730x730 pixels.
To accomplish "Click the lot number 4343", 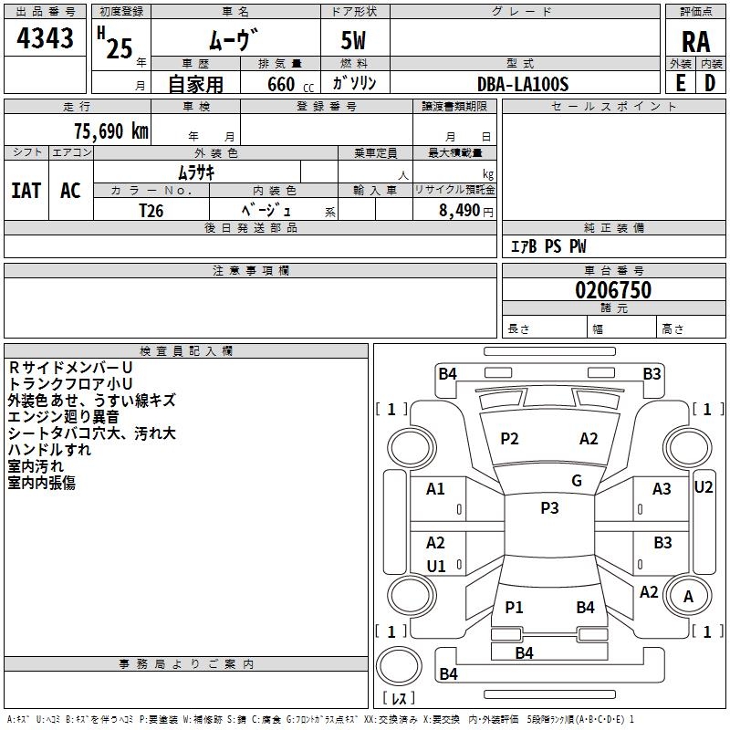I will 46,39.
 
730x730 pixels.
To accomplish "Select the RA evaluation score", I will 695,42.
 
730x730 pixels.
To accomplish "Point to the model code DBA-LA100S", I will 522,84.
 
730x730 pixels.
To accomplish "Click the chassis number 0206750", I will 613,291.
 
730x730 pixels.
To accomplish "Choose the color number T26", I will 151,210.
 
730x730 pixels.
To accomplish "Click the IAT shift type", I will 26,191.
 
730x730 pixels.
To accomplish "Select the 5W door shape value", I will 355,41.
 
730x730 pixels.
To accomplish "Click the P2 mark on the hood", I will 509,439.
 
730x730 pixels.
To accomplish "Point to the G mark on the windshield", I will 576,481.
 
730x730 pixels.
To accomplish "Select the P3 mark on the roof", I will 549,508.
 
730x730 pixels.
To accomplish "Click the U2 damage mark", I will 703,486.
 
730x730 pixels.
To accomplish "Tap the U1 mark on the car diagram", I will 436,566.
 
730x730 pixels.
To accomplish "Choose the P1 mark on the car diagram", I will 514,607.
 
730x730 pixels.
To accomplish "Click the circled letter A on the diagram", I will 689,597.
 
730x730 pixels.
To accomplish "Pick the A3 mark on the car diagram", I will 662,489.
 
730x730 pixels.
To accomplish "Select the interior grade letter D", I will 710,83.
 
